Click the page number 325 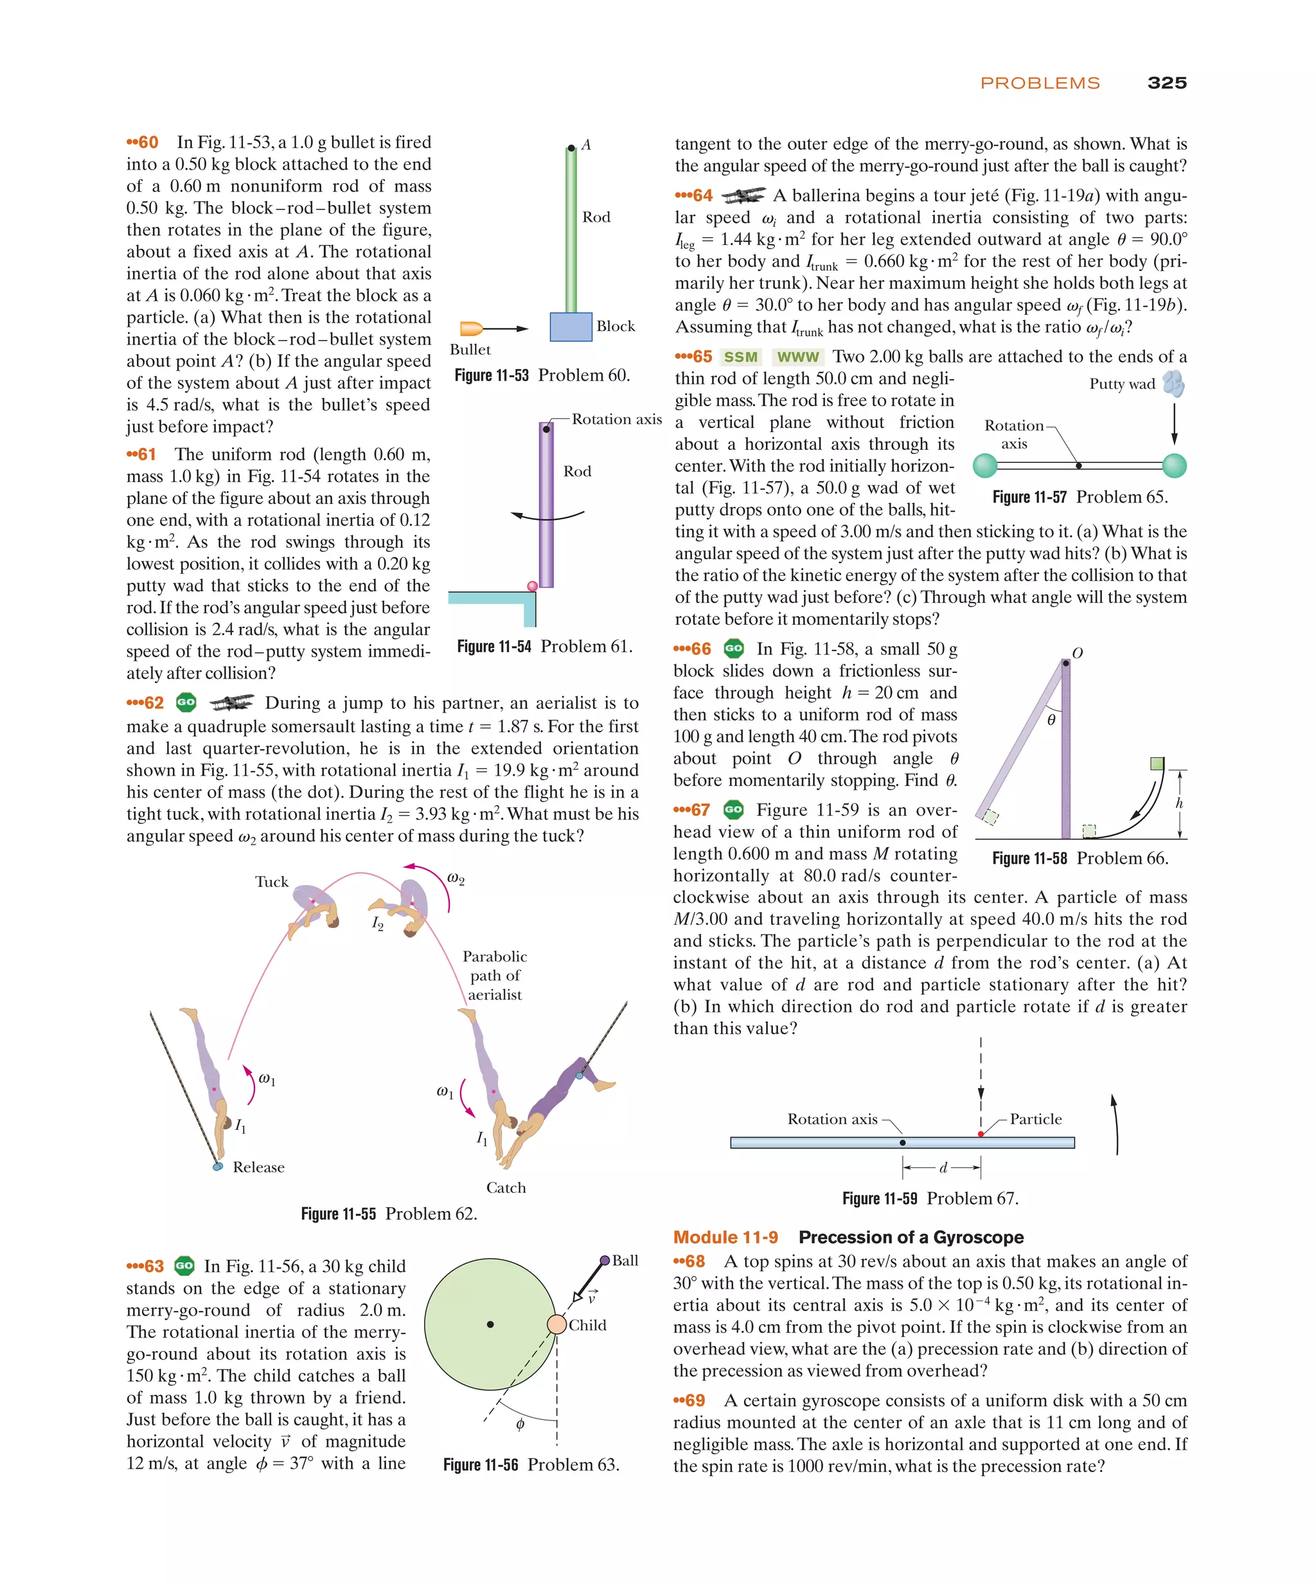click(x=1166, y=83)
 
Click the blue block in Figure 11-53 click(x=571, y=327)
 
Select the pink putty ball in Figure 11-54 click(x=532, y=586)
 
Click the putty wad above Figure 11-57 click(x=1173, y=384)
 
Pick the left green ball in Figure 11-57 click(x=984, y=466)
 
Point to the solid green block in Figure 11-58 click(x=1157, y=764)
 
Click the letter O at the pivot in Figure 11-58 click(x=1077, y=653)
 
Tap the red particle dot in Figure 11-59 click(x=980, y=1134)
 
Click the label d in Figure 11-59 click(x=943, y=1168)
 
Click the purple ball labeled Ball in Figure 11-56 click(x=605, y=1260)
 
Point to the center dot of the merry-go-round click(x=490, y=1324)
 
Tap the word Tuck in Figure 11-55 click(x=272, y=882)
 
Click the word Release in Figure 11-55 click(x=258, y=1167)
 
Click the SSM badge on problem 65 click(x=740, y=357)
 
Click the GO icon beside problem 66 click(x=733, y=649)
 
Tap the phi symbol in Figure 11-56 click(x=520, y=1424)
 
